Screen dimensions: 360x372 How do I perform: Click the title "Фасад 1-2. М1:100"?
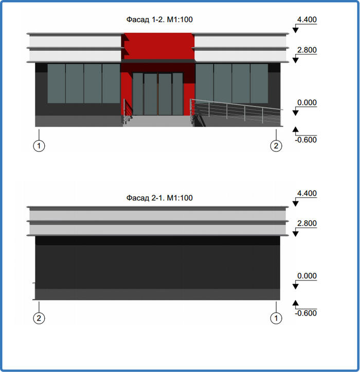(159, 20)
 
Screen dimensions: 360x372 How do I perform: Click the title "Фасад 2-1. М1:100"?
(159, 198)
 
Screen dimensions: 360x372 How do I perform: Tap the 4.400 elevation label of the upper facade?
(307, 20)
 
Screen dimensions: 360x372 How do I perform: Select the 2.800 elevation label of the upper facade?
(307, 50)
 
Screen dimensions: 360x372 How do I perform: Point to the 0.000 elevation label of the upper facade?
(307, 102)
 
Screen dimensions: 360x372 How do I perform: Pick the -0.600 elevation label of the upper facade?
(306, 140)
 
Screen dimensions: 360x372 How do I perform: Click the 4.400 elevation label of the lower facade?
(307, 193)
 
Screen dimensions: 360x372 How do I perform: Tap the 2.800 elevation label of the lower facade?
(307, 223)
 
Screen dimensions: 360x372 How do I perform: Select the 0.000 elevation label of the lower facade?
(307, 276)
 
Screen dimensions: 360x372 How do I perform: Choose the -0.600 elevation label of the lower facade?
(306, 313)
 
